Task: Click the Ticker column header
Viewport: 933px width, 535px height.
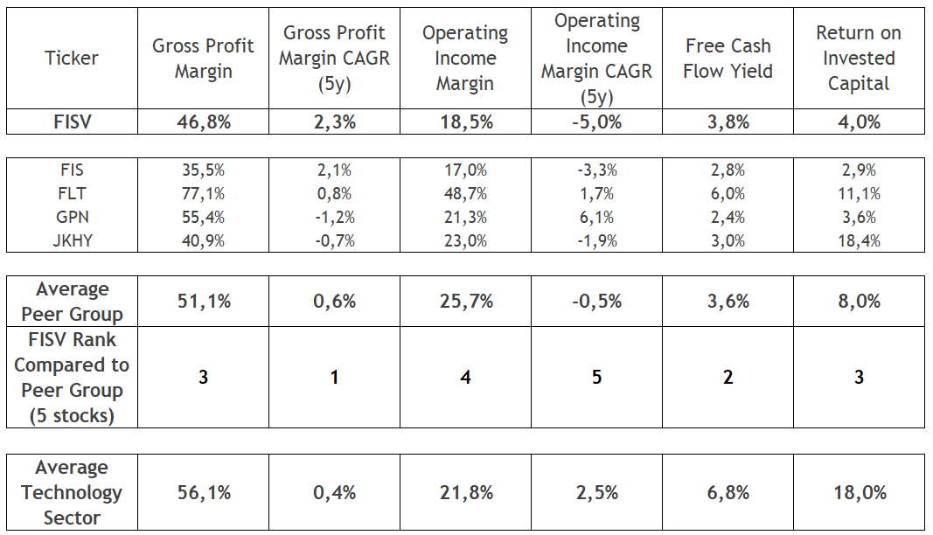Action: pyautogui.click(x=72, y=59)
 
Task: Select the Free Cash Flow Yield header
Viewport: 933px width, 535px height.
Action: pyautogui.click(x=728, y=59)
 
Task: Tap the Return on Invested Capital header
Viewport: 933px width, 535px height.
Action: pyautogui.click(x=858, y=59)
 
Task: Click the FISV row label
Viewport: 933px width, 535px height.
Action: pyautogui.click(x=72, y=122)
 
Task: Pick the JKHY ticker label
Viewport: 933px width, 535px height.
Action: pyautogui.click(x=72, y=241)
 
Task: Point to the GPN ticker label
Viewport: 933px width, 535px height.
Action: pyautogui.click(x=72, y=218)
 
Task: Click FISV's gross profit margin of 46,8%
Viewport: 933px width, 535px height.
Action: pyautogui.click(x=203, y=122)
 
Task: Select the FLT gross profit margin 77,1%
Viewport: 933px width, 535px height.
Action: pyautogui.click(x=203, y=194)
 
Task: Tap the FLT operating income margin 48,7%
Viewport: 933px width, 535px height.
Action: pyautogui.click(x=465, y=194)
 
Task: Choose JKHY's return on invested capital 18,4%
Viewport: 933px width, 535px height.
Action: pyautogui.click(x=858, y=241)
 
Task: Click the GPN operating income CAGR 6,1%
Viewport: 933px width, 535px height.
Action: pyautogui.click(x=596, y=218)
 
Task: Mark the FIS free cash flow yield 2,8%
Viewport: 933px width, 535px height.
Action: pyautogui.click(x=728, y=170)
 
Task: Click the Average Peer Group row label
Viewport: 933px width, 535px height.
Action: pyautogui.click(x=72, y=302)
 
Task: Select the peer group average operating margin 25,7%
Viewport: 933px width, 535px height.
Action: pyautogui.click(x=465, y=302)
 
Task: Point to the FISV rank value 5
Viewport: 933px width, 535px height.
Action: pyautogui.click(x=596, y=378)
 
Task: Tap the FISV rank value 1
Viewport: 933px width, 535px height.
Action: pyautogui.click(x=334, y=378)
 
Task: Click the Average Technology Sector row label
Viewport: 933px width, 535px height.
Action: pyautogui.click(x=72, y=493)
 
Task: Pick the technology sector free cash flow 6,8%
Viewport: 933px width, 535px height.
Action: pyautogui.click(x=728, y=493)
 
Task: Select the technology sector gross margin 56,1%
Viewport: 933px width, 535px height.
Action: pyautogui.click(x=203, y=493)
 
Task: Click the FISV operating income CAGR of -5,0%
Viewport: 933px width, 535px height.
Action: pyautogui.click(x=596, y=122)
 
